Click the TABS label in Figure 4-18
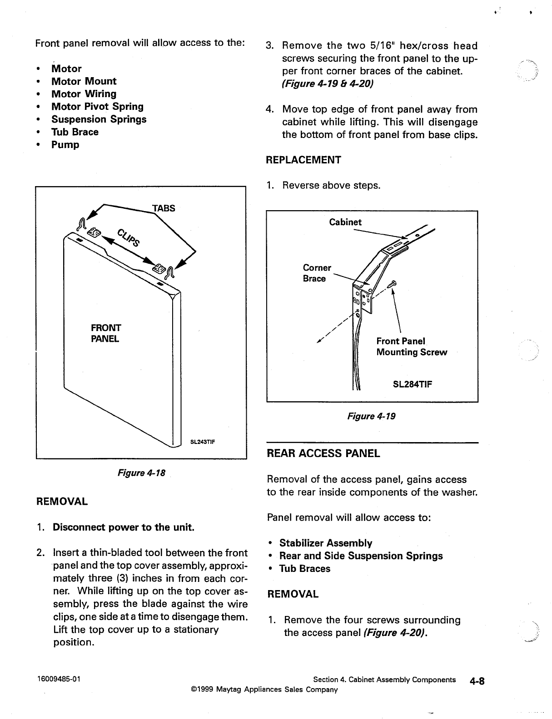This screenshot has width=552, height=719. [x=164, y=208]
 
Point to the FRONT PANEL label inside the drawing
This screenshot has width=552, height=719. [x=105, y=333]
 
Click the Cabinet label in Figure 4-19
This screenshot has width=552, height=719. [x=345, y=222]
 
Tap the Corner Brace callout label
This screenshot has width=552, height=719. [x=317, y=273]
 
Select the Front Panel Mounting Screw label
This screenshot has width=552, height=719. [x=411, y=347]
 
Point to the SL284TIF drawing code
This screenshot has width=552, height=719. [x=412, y=384]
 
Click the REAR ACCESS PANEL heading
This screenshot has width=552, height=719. [x=323, y=453]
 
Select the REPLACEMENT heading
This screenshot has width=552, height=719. [x=303, y=160]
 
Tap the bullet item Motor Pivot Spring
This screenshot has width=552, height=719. [x=97, y=107]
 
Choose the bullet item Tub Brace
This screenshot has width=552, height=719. [x=75, y=132]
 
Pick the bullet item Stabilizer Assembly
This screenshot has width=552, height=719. [x=325, y=543]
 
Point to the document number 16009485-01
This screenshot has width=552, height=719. [x=59, y=680]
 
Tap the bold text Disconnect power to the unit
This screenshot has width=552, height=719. [x=124, y=527]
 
